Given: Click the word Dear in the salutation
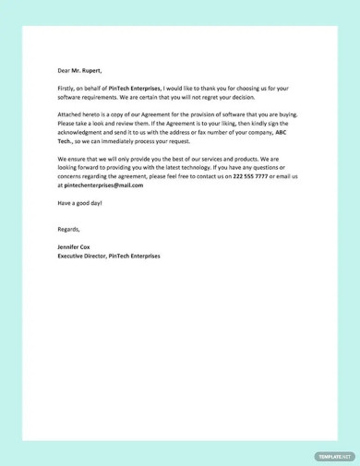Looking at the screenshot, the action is [64, 69].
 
